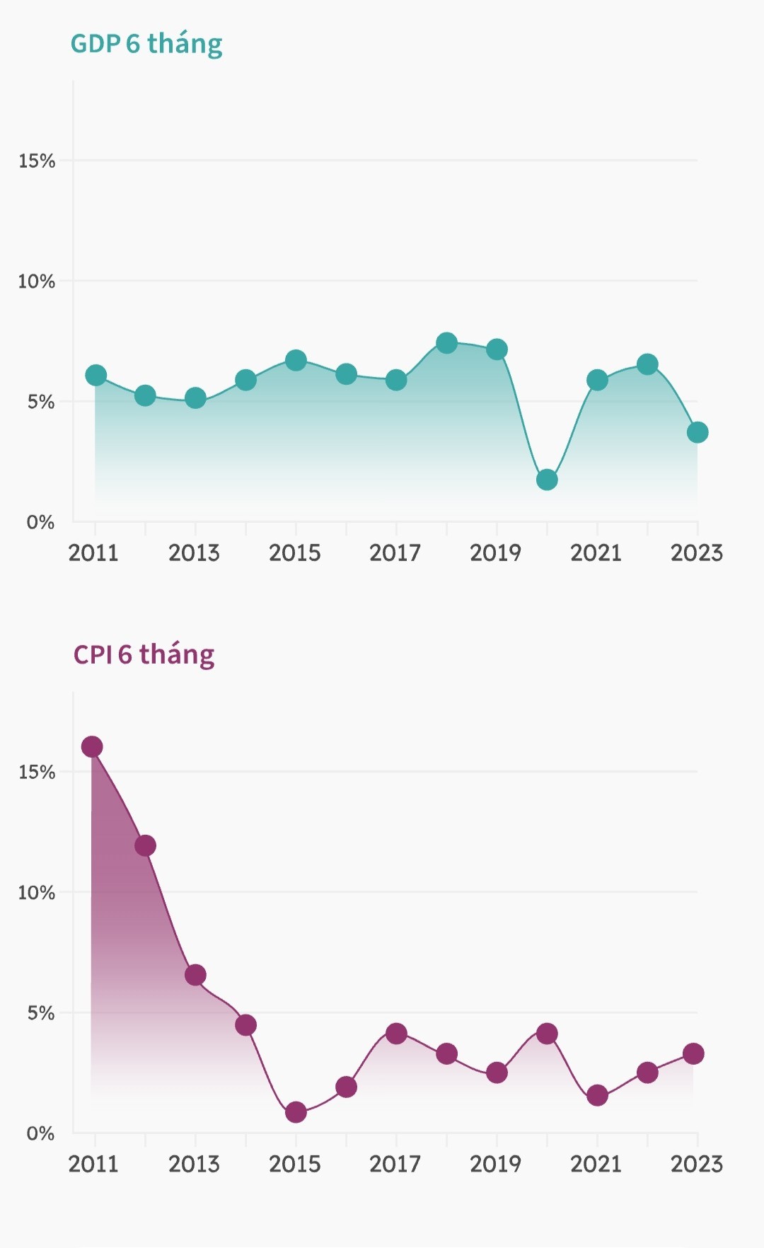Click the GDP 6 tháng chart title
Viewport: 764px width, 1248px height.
[x=146, y=44]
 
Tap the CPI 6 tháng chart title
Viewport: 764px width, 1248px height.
[x=144, y=654]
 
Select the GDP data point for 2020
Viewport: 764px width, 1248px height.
[x=547, y=480]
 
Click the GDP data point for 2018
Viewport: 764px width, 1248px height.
[x=446, y=343]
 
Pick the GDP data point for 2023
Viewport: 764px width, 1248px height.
[x=698, y=432]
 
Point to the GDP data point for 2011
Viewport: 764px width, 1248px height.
[x=95, y=375]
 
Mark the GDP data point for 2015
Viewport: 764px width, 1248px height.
[x=296, y=360]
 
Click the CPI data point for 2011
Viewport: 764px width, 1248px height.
[x=92, y=746]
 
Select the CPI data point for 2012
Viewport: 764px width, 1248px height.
[x=145, y=845]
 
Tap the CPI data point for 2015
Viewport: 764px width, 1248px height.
[x=296, y=1112]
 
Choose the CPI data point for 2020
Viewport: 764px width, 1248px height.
[x=547, y=1034]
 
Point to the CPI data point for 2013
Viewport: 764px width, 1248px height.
[x=195, y=975]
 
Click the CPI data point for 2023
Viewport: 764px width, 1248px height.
[x=693, y=1053]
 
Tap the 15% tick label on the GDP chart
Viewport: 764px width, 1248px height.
[x=37, y=161]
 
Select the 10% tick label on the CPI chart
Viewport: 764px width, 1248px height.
[x=37, y=893]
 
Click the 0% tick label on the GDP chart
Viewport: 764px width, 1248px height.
[x=40, y=523]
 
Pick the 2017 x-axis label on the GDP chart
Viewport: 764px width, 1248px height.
[x=395, y=553]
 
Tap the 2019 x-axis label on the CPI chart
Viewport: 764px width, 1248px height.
[x=496, y=1164]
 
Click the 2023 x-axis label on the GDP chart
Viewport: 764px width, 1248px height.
[x=697, y=553]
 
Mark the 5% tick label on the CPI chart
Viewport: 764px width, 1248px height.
[x=40, y=1013]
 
